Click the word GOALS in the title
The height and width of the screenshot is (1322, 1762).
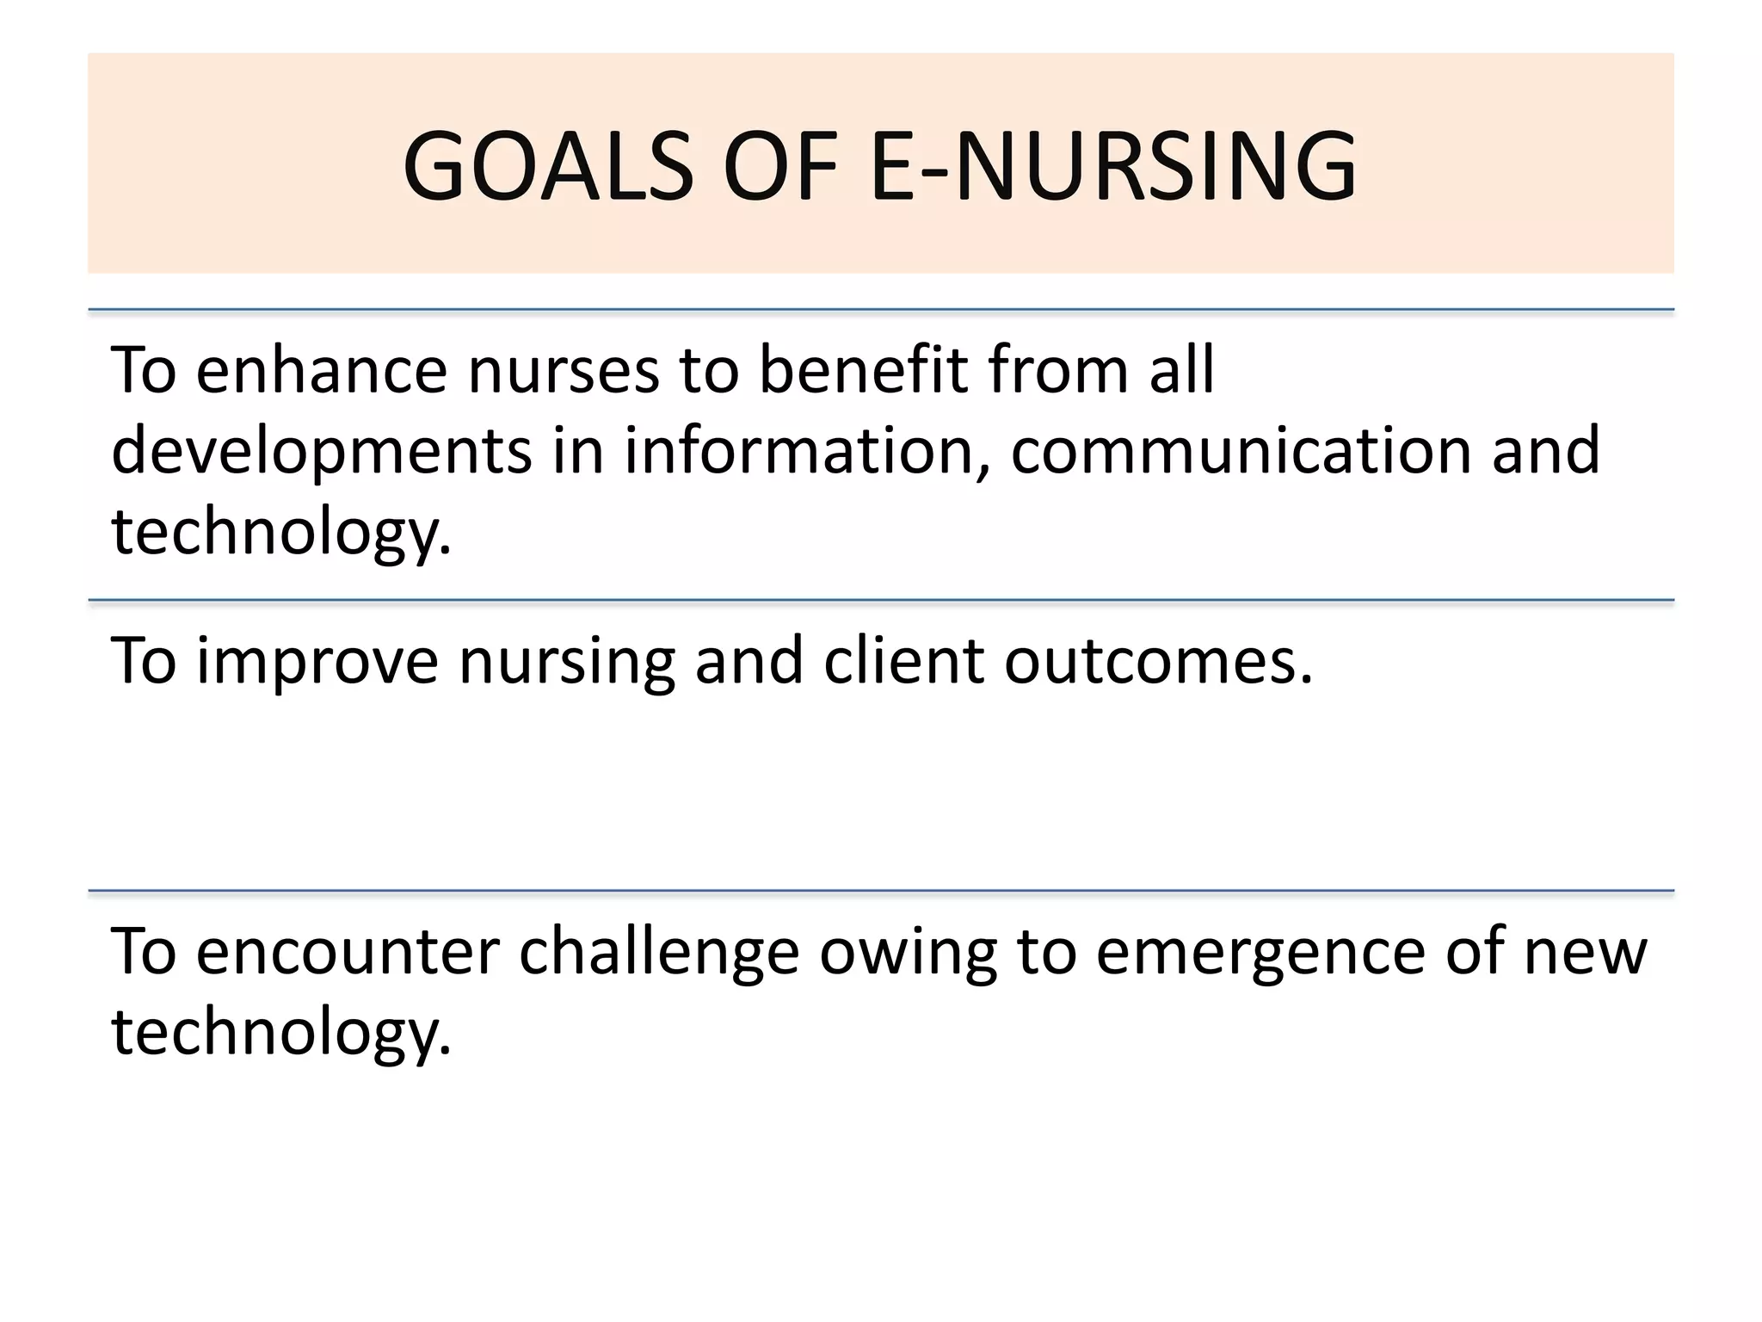coord(548,165)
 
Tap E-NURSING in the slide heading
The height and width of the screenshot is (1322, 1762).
coord(1113,165)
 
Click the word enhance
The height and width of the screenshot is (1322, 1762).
coord(321,370)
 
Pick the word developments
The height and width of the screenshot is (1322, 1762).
coord(321,451)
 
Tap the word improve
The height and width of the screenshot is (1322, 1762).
coord(317,661)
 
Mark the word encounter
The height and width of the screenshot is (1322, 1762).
coord(348,952)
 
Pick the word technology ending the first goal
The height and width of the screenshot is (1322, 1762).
coord(281,532)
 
